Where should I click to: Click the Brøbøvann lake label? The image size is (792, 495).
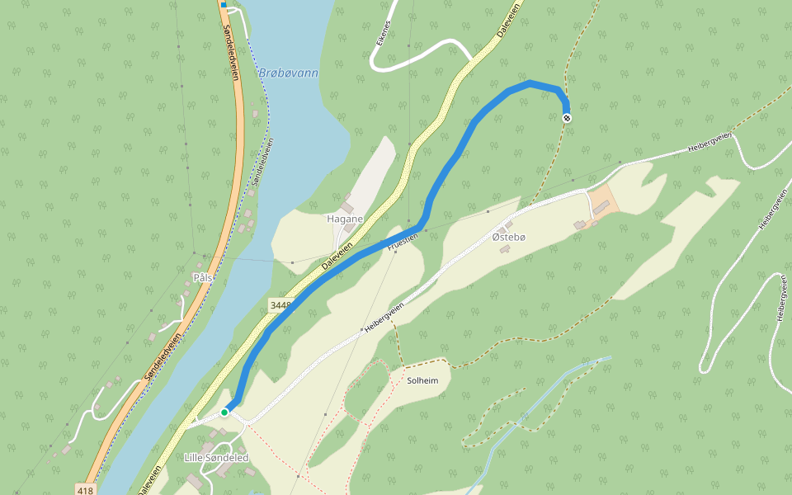(289, 73)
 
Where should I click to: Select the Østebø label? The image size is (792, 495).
(508, 238)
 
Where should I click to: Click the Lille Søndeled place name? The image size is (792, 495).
(215, 458)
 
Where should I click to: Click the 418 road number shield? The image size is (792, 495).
(84, 490)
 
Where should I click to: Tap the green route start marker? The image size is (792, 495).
(224, 412)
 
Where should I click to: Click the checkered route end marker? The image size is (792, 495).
(568, 118)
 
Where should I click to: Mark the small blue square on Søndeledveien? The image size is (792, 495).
(223, 5)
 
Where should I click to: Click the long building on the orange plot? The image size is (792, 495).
(601, 207)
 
